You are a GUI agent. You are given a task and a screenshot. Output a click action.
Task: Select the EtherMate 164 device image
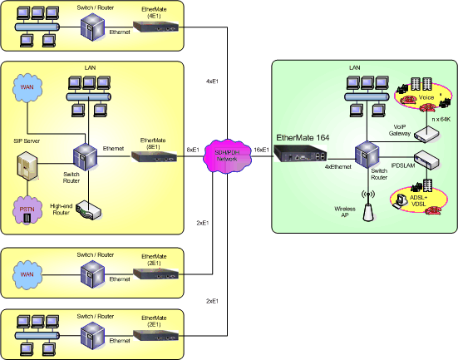point(300,154)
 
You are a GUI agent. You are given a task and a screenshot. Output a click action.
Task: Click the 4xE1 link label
point(214,81)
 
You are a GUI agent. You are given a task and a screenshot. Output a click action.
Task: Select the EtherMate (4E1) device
point(155,27)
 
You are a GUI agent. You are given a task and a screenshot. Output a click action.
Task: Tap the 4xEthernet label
point(337,165)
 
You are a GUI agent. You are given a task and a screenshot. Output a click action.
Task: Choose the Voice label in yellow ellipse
point(426,97)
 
